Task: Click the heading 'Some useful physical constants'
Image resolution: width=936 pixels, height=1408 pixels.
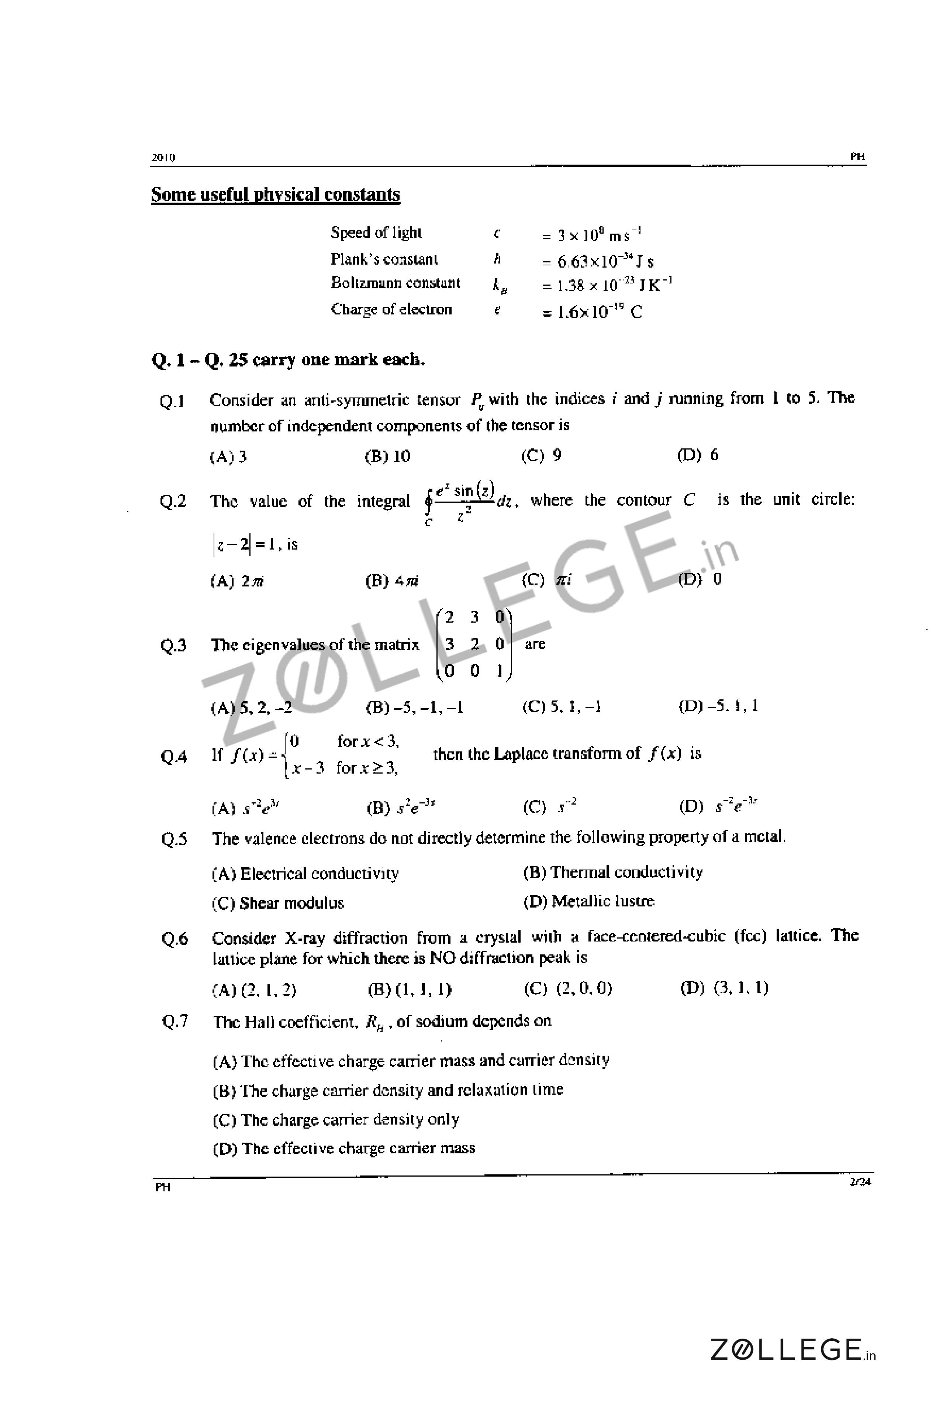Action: (x=275, y=194)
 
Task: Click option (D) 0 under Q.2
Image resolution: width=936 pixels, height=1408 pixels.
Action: (x=700, y=579)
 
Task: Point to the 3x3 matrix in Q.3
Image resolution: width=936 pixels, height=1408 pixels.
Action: (x=474, y=645)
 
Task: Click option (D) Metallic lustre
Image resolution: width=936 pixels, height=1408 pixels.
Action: (x=588, y=901)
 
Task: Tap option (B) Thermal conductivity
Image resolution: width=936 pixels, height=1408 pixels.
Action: (x=613, y=872)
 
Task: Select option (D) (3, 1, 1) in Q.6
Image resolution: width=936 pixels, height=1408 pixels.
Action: (x=724, y=988)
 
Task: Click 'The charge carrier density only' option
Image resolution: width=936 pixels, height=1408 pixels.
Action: (x=336, y=1120)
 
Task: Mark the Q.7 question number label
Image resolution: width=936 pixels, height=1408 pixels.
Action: (x=175, y=1022)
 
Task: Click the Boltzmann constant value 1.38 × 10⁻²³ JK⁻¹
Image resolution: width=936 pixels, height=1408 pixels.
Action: (x=607, y=285)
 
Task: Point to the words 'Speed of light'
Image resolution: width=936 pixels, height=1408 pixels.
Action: (x=376, y=233)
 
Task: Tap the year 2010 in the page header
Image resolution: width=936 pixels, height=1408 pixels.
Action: (x=163, y=158)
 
